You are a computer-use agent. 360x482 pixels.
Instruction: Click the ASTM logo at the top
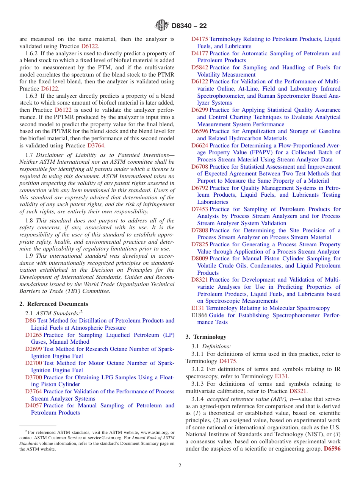[162, 25]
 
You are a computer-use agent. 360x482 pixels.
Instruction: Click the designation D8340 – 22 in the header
[189, 26]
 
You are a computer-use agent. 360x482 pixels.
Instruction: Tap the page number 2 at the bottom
[180, 466]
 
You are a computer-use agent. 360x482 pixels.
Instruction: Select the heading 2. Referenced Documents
[54, 304]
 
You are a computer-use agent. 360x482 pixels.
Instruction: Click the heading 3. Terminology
[206, 336]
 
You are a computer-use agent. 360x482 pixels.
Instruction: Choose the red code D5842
[200, 67]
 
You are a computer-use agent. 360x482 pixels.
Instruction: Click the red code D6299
[200, 110]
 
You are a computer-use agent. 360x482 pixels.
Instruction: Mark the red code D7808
[200, 230]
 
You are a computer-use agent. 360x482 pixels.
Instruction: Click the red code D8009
[200, 258]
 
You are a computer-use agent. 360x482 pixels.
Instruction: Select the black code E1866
[199, 315]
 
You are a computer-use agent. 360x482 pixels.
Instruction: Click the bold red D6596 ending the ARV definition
[332, 449]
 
